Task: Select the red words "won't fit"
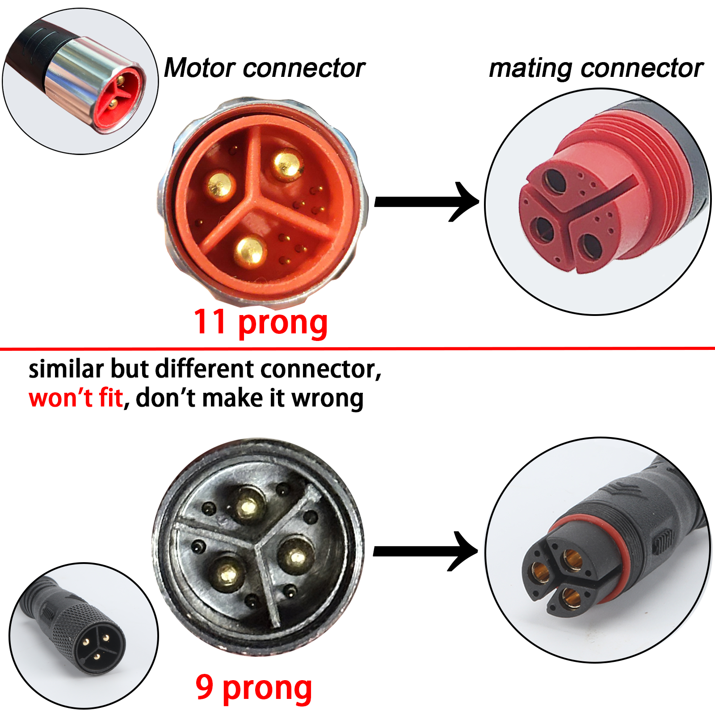pyautogui.click(x=76, y=398)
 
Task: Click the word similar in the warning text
pyautogui.click(x=66, y=369)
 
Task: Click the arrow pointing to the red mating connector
pyautogui.click(x=425, y=202)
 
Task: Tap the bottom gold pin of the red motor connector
pyautogui.click(x=250, y=252)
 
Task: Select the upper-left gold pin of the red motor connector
pyautogui.click(x=221, y=184)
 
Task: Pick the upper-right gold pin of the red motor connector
pyautogui.click(x=287, y=164)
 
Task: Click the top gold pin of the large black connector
pyautogui.click(x=248, y=505)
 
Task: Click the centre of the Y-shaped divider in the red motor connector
pyautogui.click(x=256, y=199)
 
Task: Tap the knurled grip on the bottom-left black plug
pyautogui.click(x=76, y=621)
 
